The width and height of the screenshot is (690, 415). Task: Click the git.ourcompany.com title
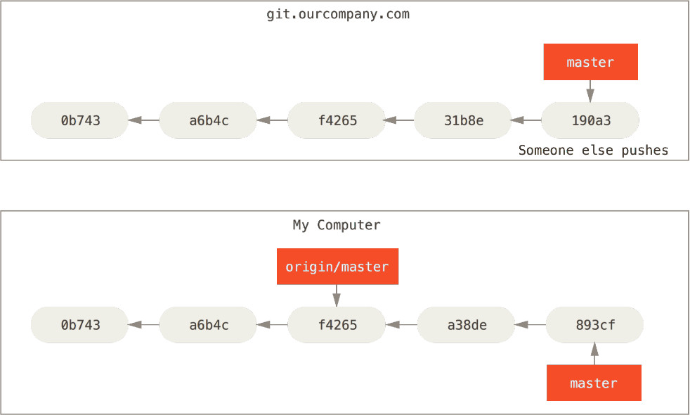[338, 15]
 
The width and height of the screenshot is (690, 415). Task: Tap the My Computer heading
[337, 225]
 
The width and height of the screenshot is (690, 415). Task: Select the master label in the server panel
[590, 62]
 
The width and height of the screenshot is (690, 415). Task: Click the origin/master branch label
[337, 267]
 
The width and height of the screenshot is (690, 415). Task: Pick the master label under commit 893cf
[594, 383]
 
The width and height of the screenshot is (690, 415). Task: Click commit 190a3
[590, 120]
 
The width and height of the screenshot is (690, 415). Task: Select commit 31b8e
[463, 120]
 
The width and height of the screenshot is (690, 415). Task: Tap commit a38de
[466, 325]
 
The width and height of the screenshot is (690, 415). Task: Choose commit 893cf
[594, 325]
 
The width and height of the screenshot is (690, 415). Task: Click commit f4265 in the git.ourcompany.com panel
[337, 120]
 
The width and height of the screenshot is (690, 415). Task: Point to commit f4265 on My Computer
[337, 325]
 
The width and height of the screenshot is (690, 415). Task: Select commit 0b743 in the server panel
[79, 120]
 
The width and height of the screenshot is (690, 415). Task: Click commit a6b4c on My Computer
[208, 325]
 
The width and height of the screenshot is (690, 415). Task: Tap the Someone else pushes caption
[593, 151]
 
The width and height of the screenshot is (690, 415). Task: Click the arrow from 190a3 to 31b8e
[526, 120]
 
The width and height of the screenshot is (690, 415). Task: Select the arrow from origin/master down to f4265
[337, 295]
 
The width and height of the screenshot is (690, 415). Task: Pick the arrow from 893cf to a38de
[530, 325]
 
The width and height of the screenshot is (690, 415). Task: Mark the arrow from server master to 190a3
[590, 91]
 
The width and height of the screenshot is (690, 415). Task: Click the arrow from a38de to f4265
[401, 325]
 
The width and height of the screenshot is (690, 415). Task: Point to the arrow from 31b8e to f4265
[398, 120]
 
